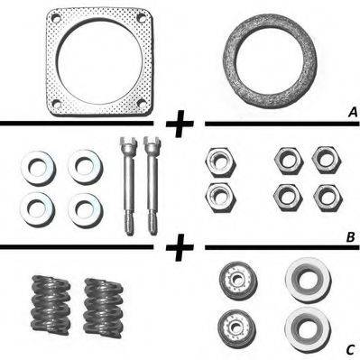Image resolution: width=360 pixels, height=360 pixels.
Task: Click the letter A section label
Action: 352,113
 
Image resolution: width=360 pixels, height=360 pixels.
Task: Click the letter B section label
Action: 351,237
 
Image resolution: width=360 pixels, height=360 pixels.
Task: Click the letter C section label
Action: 351,350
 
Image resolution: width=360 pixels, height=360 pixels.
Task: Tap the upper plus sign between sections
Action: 180,124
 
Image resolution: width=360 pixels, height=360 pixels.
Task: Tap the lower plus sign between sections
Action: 180,247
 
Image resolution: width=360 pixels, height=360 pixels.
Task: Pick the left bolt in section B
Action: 128,186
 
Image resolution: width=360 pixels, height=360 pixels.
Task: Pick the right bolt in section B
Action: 152,185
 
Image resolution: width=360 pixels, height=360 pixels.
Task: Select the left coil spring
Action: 51,305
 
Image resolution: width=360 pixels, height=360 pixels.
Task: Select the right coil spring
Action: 104,306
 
